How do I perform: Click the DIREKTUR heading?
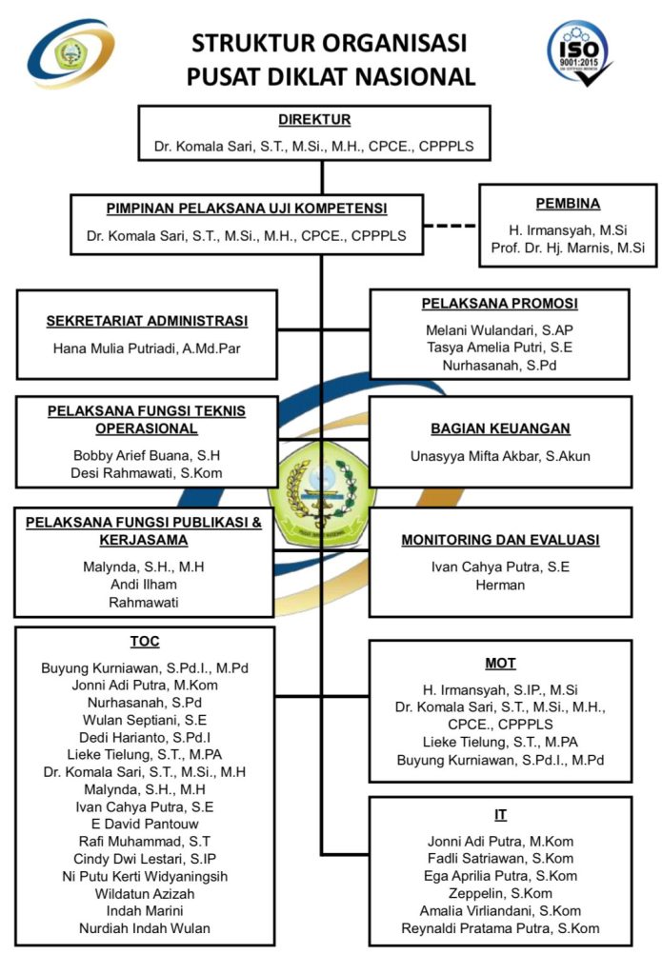314,120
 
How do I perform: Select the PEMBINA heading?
567,203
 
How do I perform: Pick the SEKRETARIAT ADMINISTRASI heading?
147,321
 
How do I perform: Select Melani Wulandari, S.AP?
499,328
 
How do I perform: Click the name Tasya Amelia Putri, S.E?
499,347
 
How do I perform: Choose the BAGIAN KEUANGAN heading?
500,429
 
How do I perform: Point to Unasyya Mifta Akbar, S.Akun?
500,456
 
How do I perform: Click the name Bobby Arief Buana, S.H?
147,455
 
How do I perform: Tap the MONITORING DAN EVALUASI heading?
500,540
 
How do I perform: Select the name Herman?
500,585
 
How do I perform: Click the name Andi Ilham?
144,585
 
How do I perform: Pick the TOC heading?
145,641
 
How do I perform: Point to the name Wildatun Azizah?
145,893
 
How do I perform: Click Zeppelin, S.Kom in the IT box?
500,893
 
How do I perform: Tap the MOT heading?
500,663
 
